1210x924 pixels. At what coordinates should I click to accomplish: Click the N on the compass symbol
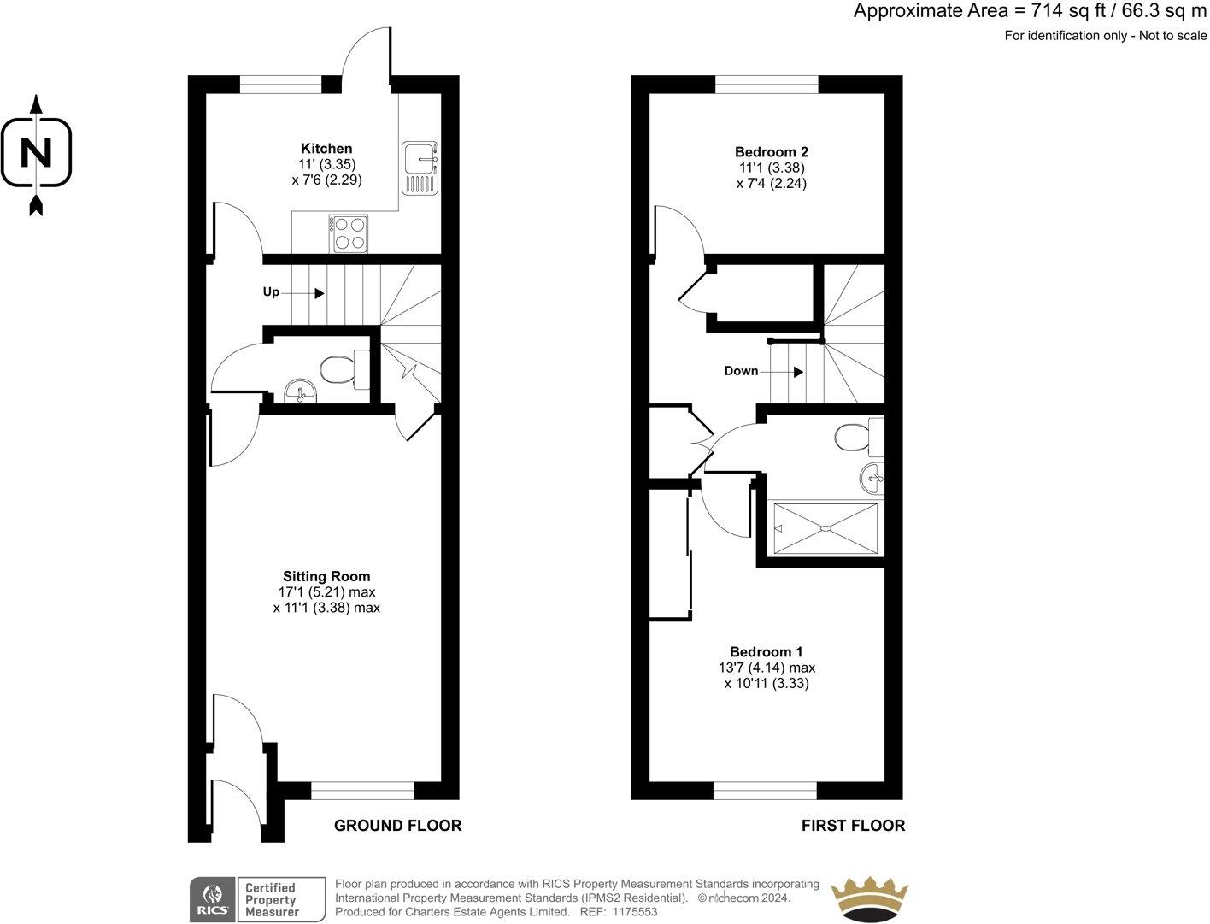(x=36, y=153)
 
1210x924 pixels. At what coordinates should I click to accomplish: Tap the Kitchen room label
(x=326, y=149)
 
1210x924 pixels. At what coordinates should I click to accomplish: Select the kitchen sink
(x=420, y=168)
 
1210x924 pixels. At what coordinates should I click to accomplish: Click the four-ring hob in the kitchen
(x=348, y=233)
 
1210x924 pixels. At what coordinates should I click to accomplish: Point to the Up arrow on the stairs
(x=319, y=293)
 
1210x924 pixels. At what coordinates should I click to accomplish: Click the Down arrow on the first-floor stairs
(x=797, y=372)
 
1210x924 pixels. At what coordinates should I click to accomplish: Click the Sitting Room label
(x=326, y=576)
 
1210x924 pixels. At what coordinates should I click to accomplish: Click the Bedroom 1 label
(x=766, y=651)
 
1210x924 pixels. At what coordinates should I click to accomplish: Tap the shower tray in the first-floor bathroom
(x=825, y=528)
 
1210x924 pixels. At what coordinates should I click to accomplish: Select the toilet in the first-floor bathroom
(x=854, y=438)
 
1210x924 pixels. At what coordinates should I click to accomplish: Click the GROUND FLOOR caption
(x=397, y=826)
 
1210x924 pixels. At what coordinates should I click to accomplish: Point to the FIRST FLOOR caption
(x=853, y=826)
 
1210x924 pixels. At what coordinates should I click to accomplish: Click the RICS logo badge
(x=211, y=898)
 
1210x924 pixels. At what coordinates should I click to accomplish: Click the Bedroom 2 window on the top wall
(x=767, y=84)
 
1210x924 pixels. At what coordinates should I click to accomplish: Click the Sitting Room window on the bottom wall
(x=363, y=791)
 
